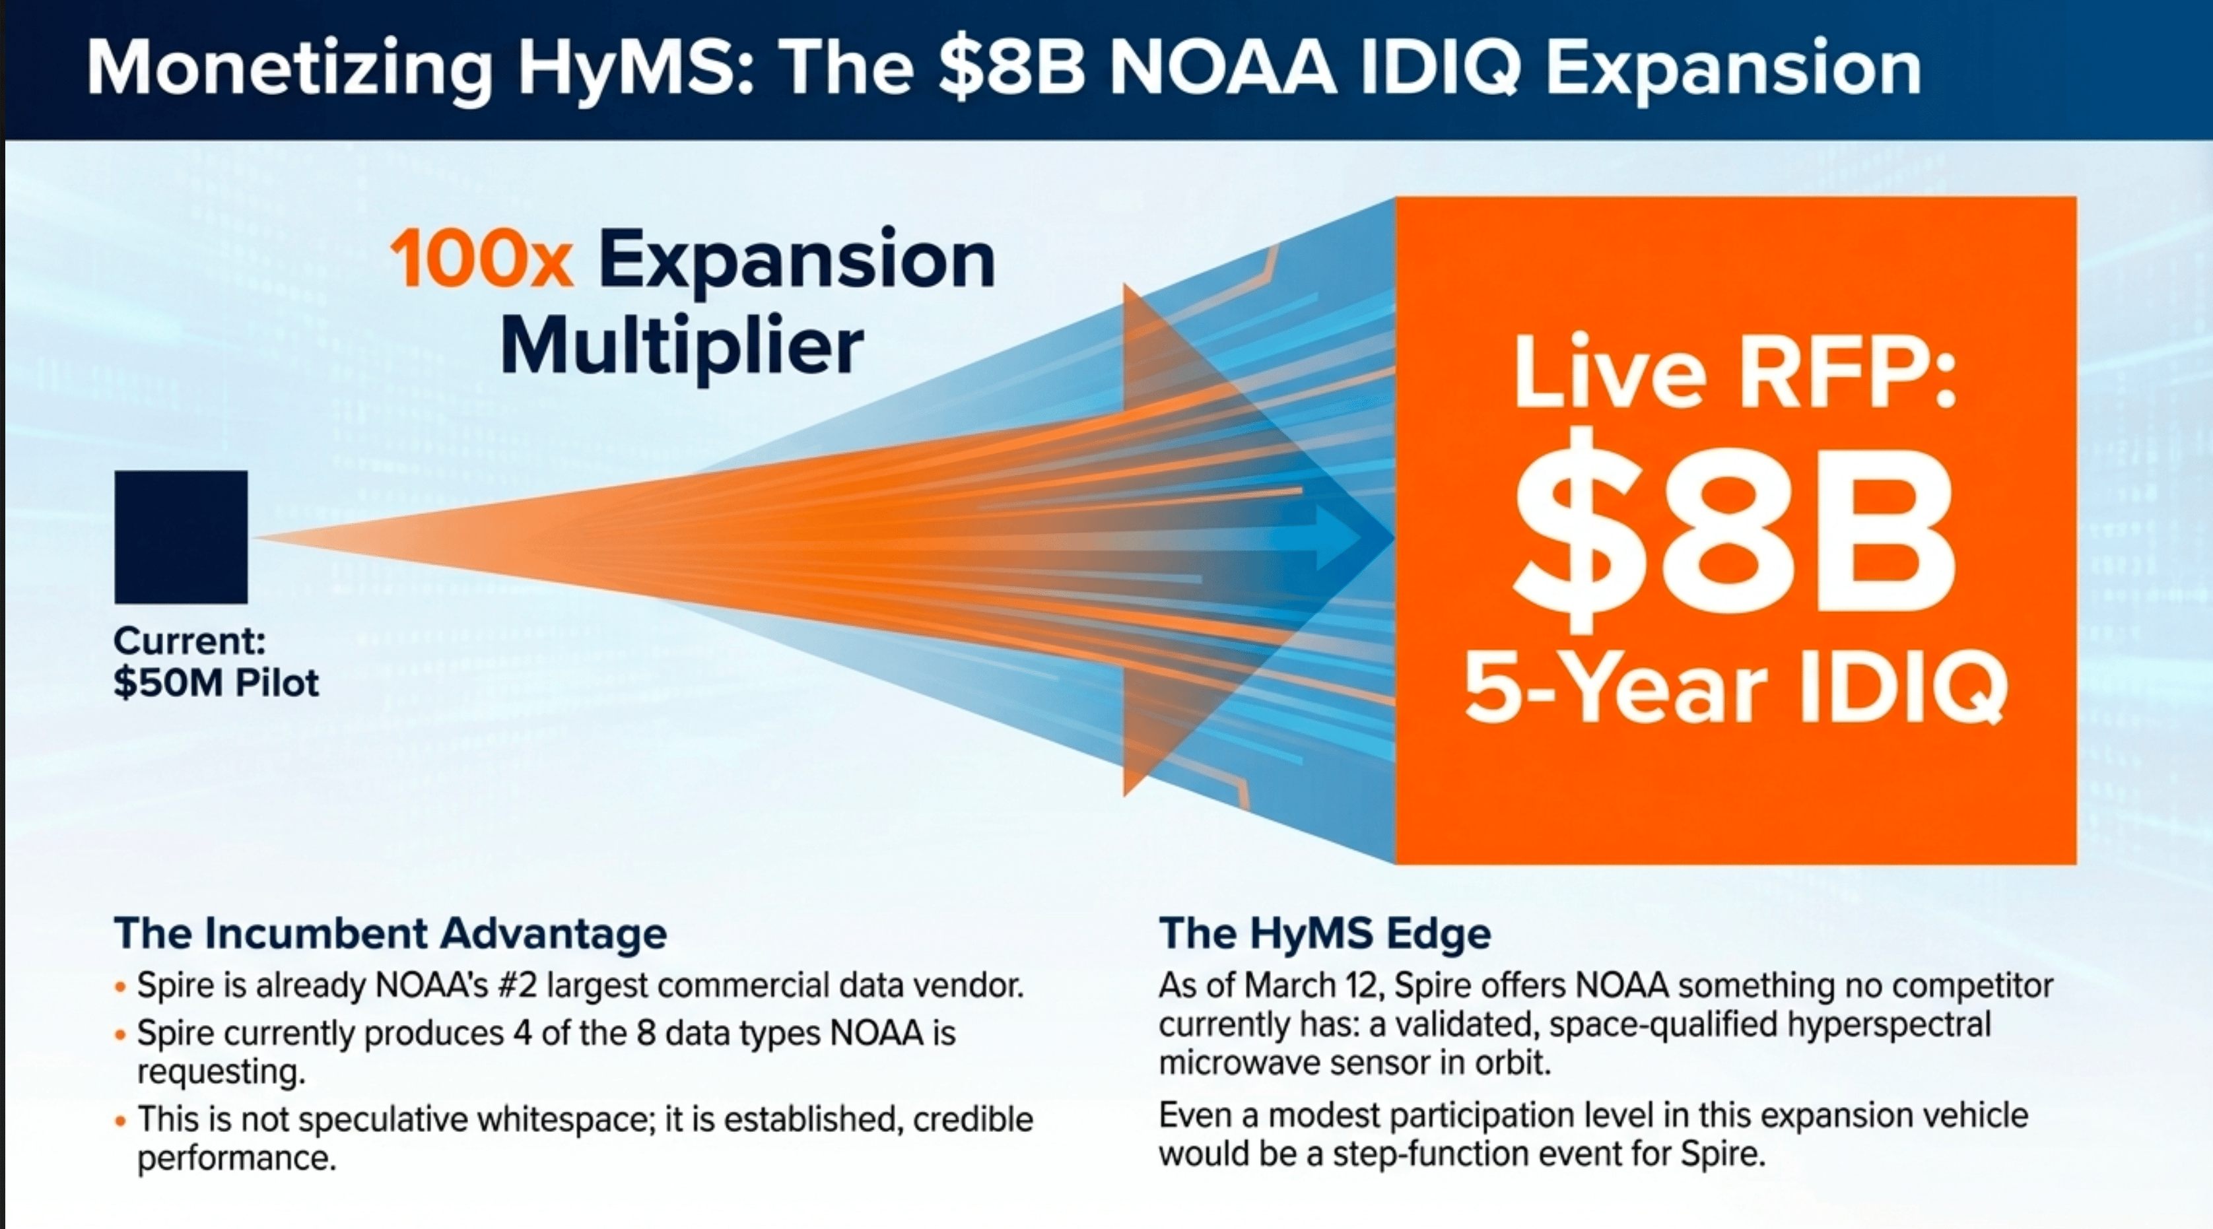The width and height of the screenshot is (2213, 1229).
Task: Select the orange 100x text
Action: point(482,259)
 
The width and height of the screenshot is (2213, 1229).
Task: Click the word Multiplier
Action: point(682,347)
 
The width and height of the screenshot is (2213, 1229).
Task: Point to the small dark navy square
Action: point(182,537)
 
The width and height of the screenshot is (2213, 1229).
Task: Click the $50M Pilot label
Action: point(216,682)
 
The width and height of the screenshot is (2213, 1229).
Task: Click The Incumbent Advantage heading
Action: point(391,933)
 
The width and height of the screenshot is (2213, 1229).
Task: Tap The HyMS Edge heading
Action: point(1325,933)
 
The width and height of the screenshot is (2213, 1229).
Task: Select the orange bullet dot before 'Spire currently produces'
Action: point(120,1034)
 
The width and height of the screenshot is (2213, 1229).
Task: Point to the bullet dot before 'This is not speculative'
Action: point(120,1121)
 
